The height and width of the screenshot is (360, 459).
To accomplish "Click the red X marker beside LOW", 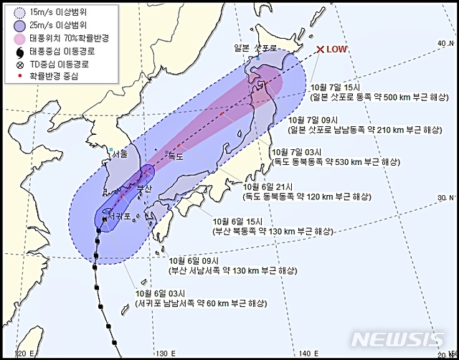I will [x=320, y=49].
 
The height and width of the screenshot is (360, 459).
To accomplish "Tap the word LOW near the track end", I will [x=337, y=49].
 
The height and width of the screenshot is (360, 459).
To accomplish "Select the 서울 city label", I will [x=119, y=154].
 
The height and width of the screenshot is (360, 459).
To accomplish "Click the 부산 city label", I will [x=144, y=188].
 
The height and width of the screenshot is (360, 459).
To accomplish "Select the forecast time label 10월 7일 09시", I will [x=311, y=120].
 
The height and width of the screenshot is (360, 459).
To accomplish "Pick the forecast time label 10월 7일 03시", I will [x=293, y=152].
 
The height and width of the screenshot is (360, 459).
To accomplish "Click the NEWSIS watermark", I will [x=399, y=339].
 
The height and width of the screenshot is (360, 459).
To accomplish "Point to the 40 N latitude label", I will [x=443, y=44].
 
